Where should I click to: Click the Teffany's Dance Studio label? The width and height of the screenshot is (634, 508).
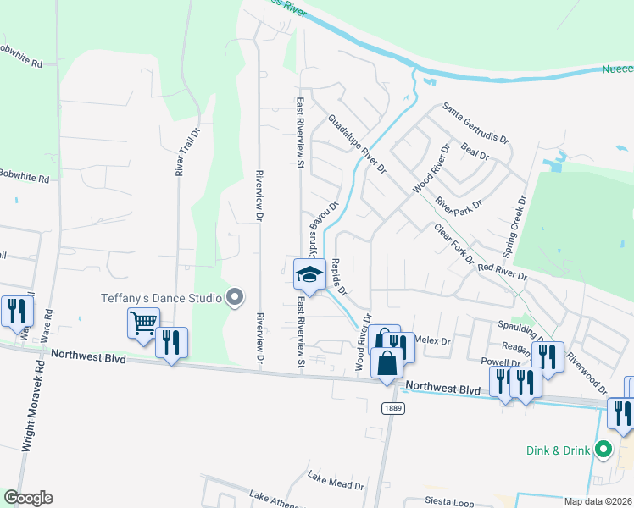pos(161,297)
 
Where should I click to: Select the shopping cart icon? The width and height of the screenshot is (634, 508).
pos(144,323)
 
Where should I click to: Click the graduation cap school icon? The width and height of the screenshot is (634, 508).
pos(309,275)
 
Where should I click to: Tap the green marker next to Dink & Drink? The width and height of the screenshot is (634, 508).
pos(603,450)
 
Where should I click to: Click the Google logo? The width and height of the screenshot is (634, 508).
pos(27,498)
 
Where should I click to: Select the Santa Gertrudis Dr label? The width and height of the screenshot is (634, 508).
pos(475,123)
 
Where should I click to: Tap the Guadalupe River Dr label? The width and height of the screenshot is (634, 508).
pos(357,144)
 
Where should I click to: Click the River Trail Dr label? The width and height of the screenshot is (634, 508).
pos(181,152)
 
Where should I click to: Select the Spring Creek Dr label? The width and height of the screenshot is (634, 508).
pos(514,227)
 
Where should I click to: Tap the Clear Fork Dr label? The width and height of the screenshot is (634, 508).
pos(453,243)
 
